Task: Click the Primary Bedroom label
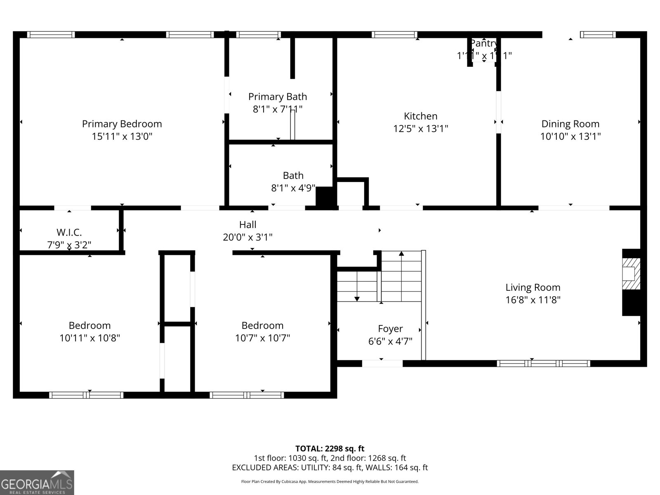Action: tap(122, 124)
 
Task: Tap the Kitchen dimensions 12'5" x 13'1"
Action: tap(420, 129)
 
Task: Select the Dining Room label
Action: tap(570, 124)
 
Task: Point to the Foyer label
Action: tap(390, 329)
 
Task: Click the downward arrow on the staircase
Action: tap(357, 298)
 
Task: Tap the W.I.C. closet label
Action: tap(69, 232)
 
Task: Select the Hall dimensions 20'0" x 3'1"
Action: tap(247, 237)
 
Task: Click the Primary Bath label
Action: tap(277, 97)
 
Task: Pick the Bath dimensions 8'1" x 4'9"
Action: tap(293, 188)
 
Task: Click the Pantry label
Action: tap(483, 43)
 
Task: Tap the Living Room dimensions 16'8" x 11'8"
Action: tap(533, 300)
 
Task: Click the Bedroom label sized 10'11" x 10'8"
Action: tap(90, 325)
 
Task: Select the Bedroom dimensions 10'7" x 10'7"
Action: tap(262, 338)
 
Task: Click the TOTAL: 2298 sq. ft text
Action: tap(330, 448)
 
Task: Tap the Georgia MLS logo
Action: tap(37, 483)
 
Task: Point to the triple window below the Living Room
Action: tap(543, 363)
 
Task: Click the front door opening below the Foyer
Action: tap(382, 363)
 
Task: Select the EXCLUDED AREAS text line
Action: tap(330, 467)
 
